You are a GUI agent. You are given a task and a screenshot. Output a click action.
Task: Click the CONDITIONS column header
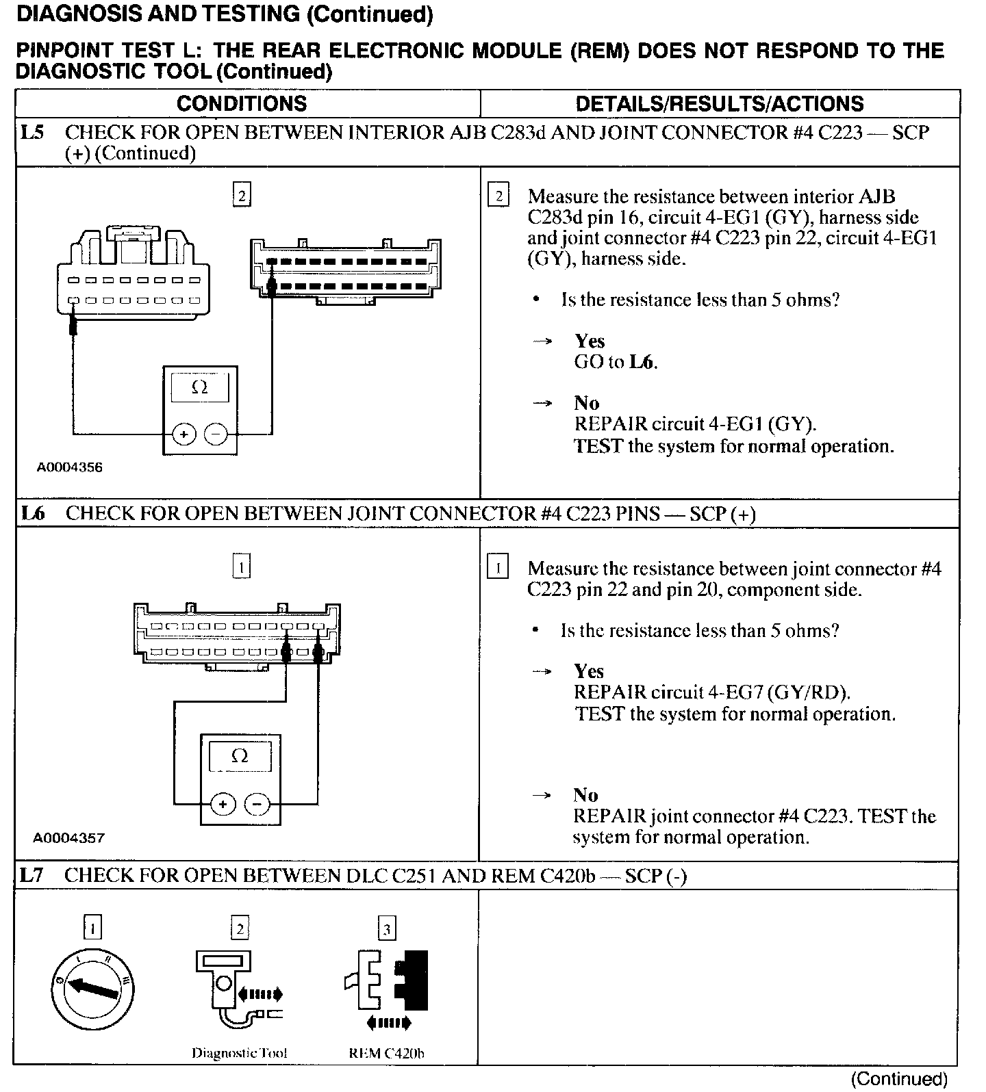pos(242,104)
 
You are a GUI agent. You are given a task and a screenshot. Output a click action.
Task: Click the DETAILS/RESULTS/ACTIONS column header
pos(719,104)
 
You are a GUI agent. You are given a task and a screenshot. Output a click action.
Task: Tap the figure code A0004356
pos(69,468)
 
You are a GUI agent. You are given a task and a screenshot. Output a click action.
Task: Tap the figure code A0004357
pos(69,838)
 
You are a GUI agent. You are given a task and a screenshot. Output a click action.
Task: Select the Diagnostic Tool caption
pos(239,1054)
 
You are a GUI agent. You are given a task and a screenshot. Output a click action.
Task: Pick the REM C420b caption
pos(386,1054)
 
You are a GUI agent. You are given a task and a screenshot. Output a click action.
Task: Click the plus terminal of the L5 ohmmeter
pos(184,434)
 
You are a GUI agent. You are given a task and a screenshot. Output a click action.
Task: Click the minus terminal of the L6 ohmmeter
pos(257,804)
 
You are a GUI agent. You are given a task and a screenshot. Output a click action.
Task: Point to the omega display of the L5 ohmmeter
pos(200,388)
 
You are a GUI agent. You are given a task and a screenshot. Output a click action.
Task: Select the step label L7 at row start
pos(32,875)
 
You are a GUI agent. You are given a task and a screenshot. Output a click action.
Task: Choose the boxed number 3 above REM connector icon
pos(387,929)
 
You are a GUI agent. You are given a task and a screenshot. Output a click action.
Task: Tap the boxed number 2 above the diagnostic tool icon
pos(240,929)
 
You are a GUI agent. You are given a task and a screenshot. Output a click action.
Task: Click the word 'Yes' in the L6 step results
pos(589,671)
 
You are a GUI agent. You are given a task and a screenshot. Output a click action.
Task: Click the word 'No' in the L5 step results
pos(586,403)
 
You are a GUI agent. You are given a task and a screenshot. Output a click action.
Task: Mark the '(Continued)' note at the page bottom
pos(898,1079)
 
